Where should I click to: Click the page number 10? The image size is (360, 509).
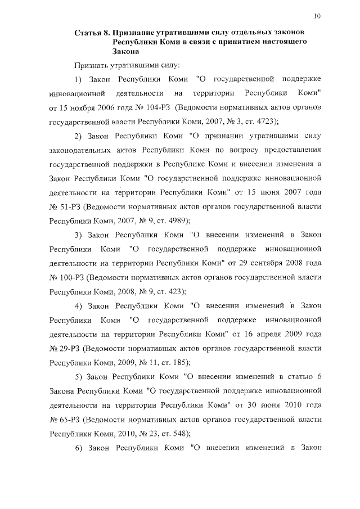[317, 16]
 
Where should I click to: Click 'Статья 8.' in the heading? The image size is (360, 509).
[92, 34]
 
